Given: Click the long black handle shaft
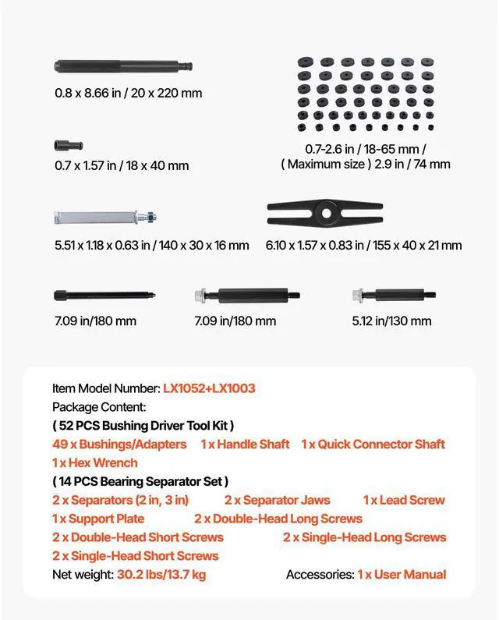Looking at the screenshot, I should [x=122, y=66].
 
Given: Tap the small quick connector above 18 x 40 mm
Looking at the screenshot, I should [x=69, y=145].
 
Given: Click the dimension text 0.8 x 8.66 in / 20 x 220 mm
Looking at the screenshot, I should [x=128, y=93].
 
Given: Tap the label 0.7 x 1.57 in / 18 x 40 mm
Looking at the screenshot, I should [x=122, y=165].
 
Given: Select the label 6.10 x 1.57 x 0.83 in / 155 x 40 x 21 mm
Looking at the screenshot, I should [x=363, y=245].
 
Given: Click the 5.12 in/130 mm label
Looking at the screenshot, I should [x=391, y=321].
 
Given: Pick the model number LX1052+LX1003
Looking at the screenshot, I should [x=209, y=388].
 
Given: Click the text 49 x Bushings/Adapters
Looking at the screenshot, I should [x=119, y=444].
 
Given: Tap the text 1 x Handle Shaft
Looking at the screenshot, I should [x=245, y=444].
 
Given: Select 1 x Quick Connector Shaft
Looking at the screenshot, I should [x=373, y=444].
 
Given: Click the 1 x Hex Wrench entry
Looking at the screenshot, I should [x=95, y=462].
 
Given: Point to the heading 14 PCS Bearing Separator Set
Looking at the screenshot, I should [x=140, y=481].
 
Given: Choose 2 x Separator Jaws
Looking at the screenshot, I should [x=277, y=500].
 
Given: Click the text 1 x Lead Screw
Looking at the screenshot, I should [x=404, y=500].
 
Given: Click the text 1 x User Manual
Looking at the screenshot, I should [x=402, y=575].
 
